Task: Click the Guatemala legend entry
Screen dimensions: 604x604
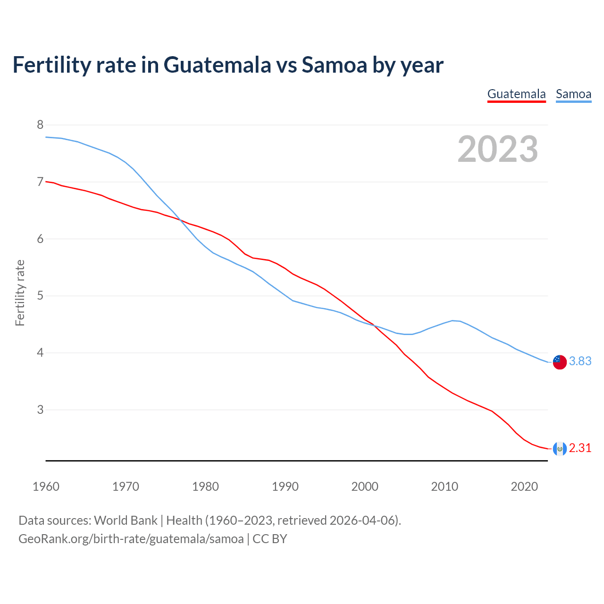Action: (516, 94)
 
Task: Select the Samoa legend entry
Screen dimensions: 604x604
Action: (573, 94)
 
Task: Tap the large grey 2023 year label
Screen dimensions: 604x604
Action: (498, 149)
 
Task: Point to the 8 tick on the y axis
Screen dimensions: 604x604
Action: (40, 125)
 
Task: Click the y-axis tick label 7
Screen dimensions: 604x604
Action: (40, 182)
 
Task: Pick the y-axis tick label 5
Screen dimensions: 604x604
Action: (40, 296)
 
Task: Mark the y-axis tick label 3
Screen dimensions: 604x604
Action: (40, 410)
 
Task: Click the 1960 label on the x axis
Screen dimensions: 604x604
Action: (46, 487)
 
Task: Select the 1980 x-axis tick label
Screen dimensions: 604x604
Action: (205, 487)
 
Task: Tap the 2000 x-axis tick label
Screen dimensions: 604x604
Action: (365, 487)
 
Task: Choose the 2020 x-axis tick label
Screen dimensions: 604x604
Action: (524, 487)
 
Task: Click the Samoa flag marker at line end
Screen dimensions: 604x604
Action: (560, 362)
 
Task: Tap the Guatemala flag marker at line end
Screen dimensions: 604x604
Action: (560, 449)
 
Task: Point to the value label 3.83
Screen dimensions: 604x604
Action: (580, 361)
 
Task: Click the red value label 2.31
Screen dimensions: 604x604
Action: (580, 448)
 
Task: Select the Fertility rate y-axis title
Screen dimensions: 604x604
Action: (20, 293)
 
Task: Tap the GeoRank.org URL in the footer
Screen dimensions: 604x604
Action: (131, 538)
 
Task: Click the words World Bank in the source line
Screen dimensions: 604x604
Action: (126, 520)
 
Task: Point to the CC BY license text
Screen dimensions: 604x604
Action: (269, 538)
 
